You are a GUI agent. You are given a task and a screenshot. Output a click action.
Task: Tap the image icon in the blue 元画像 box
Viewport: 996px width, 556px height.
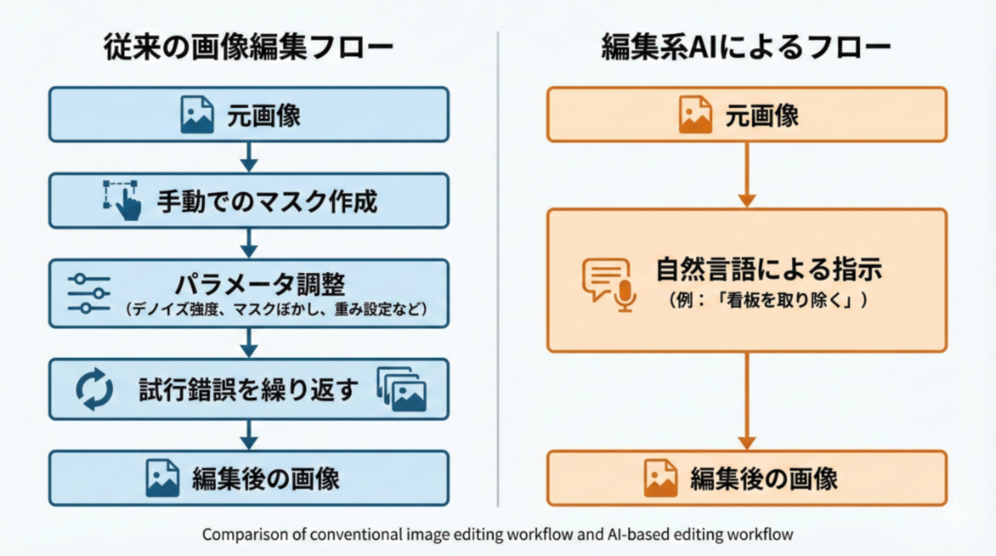pos(198,115)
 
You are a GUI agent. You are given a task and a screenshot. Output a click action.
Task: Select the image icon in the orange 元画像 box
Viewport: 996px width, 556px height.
pos(696,115)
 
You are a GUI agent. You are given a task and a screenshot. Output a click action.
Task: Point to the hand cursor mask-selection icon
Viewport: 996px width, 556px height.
pos(122,200)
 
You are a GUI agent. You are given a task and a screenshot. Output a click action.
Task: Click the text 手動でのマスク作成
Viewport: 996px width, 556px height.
pos(267,201)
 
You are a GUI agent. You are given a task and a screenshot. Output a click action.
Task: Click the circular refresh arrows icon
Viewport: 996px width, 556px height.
pos(94,389)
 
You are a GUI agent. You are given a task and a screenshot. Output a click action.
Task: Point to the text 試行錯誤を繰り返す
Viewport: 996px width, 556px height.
pos(249,389)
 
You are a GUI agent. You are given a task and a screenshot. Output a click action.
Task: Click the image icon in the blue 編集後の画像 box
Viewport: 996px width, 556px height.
pos(163,479)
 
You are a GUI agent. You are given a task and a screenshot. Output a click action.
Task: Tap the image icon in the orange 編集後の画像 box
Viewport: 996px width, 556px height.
pos(662,479)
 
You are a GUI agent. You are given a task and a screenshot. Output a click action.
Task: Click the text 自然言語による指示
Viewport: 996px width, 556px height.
pos(768,271)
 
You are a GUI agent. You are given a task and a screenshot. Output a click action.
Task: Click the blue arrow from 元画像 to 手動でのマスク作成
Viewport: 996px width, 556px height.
pos(248,157)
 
